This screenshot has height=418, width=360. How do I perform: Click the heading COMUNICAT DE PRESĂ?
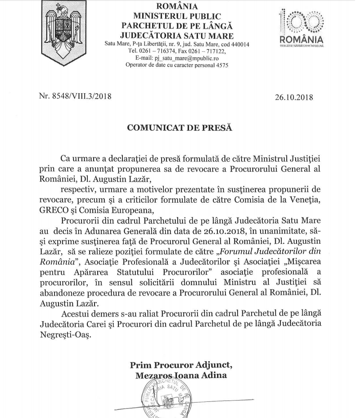tap(180, 127)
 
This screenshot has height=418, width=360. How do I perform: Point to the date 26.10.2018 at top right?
tap(293, 96)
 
